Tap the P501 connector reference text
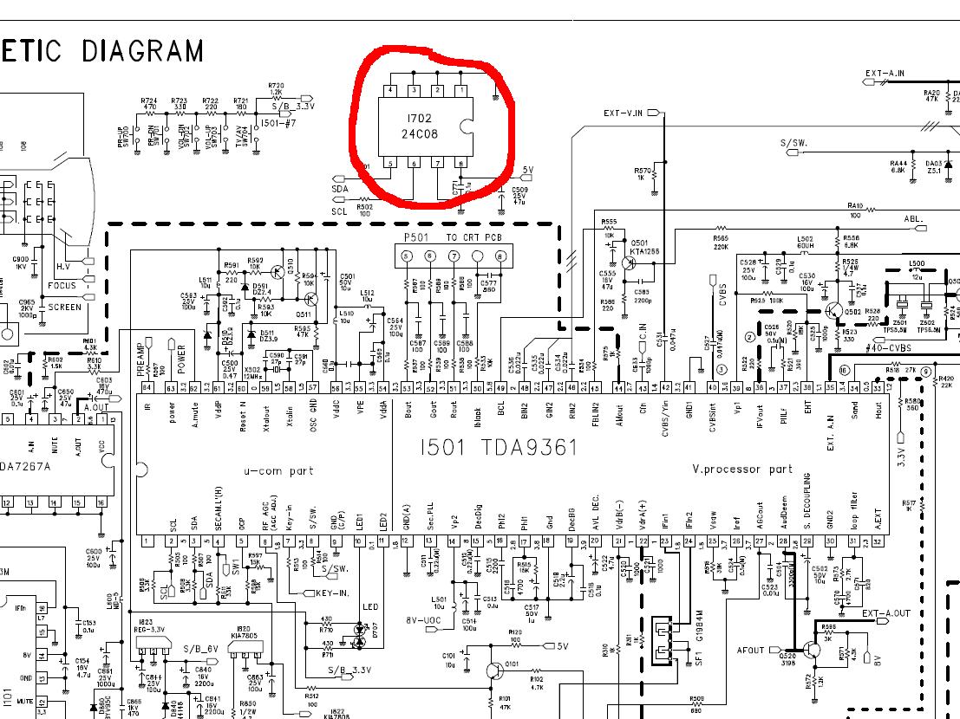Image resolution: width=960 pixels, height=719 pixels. point(417,237)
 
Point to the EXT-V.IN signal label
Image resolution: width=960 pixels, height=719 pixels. point(623,113)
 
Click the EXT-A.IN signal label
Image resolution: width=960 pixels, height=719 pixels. point(885,74)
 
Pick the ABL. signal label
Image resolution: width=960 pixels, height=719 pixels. point(914,219)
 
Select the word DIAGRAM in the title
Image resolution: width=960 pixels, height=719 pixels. point(142,51)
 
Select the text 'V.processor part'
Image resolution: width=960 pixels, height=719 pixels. point(742,470)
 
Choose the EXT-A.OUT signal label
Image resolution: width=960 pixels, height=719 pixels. point(885,613)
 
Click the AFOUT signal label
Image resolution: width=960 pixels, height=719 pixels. point(751,649)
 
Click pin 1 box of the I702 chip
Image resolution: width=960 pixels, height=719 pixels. point(461,90)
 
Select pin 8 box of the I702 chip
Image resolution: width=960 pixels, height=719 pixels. point(461,163)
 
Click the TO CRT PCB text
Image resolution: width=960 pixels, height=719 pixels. point(473,237)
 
